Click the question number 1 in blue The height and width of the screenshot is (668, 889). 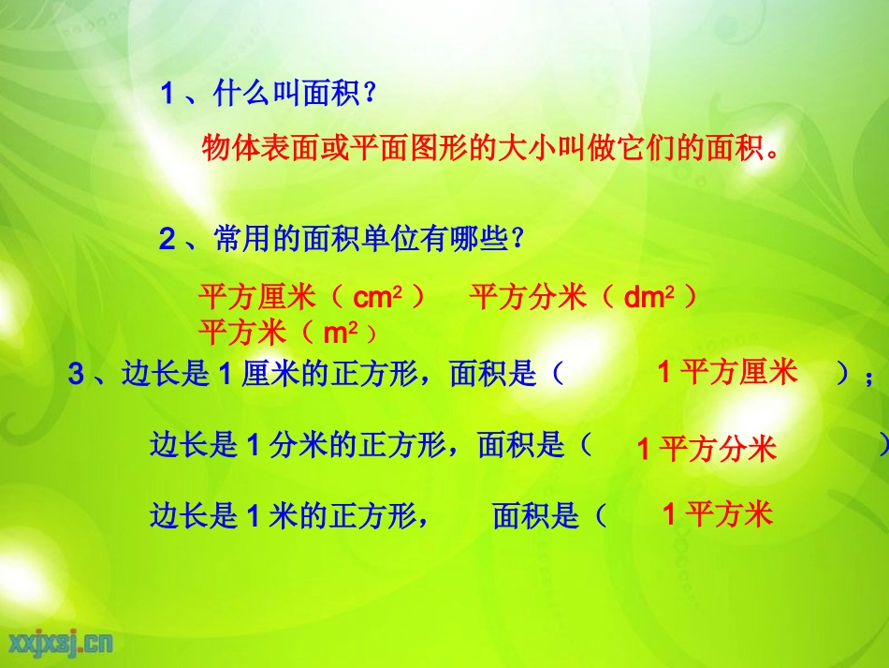click(x=168, y=94)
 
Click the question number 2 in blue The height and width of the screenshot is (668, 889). click(x=168, y=240)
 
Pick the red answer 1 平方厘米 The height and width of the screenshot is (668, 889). click(x=727, y=373)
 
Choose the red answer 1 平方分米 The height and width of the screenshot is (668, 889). click(x=707, y=449)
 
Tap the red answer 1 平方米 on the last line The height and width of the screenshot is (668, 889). click(x=718, y=513)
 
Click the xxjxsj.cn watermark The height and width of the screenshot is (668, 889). click(x=62, y=642)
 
